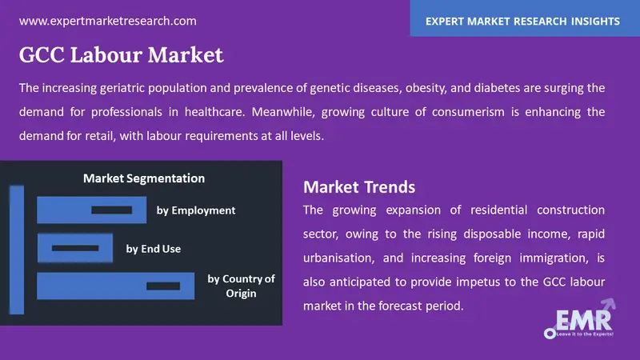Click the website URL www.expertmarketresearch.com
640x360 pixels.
pyautogui.click(x=108, y=21)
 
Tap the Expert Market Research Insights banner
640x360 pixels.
pyautogui.click(x=525, y=18)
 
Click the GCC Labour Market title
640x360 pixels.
pyautogui.click(x=122, y=54)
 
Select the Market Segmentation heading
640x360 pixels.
pyautogui.click(x=144, y=178)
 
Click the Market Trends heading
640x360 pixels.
pyautogui.click(x=359, y=187)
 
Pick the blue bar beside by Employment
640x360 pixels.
pyautogui.click(x=91, y=210)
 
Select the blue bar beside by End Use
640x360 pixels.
pyautogui.click(x=75, y=248)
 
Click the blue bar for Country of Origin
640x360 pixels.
pyautogui.click(x=115, y=286)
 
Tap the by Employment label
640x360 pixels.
pyautogui.click(x=196, y=210)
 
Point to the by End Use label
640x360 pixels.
pyautogui.click(x=154, y=249)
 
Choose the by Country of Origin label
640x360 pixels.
pyautogui.click(x=242, y=286)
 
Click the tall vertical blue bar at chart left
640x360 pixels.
pyautogui.click(x=17, y=250)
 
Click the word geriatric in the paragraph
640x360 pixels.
pyautogui.click(x=122, y=88)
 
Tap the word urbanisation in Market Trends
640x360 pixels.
pyautogui.click(x=338, y=258)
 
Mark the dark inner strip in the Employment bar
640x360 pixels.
pyautogui.click(x=111, y=210)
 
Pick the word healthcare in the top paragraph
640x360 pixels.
pyautogui.click(x=214, y=112)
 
